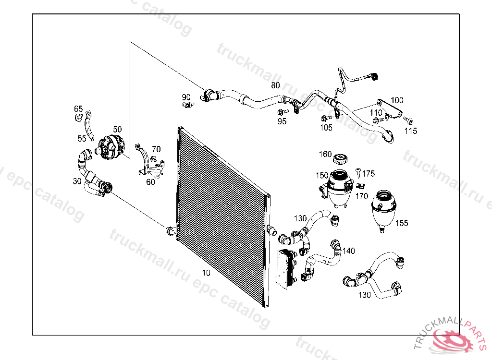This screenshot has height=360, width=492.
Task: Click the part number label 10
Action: point(206,273)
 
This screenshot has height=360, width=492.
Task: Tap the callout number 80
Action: point(275,85)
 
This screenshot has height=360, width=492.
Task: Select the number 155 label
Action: point(402,223)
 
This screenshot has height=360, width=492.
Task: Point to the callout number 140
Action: point(349,251)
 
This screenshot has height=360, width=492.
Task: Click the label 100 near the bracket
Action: point(397,100)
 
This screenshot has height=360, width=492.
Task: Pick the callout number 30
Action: point(77,181)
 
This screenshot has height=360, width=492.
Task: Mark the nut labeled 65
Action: point(78,118)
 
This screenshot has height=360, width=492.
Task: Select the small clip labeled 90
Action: point(187,104)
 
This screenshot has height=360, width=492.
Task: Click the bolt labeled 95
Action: point(281,112)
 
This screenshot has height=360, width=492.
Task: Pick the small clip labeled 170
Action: point(361,186)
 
